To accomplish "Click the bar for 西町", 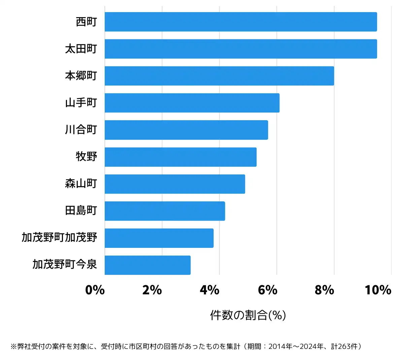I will [x=241, y=22].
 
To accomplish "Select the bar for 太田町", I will [x=241, y=49].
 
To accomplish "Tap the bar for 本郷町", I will [x=219, y=76].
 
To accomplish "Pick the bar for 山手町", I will [x=192, y=103].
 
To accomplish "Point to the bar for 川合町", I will [x=186, y=130].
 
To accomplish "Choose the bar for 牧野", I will [x=180, y=157].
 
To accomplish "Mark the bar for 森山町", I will [x=175, y=184].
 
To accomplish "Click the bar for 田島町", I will [x=165, y=211].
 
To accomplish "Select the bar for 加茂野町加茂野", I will [x=159, y=238].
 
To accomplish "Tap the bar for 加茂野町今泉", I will [x=147, y=265].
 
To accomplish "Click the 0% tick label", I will [x=95, y=290].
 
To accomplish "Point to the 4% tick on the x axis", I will [x=209, y=290].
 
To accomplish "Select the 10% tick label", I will [x=378, y=290].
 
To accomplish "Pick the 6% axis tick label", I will [x=267, y=290].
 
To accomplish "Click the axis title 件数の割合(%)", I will [x=248, y=315].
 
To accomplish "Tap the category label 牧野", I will [x=86, y=157].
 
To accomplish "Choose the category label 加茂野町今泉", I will [x=65, y=264].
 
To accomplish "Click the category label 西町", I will [x=86, y=22].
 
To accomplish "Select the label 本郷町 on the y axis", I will [x=81, y=76].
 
